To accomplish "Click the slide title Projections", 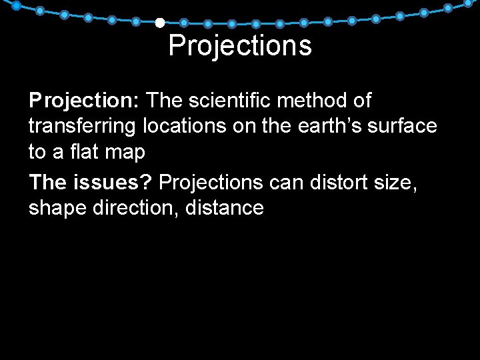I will pyautogui.click(x=240, y=46).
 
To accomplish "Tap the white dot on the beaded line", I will pyautogui.click(x=160, y=23).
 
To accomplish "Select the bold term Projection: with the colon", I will pyautogui.click(x=83, y=101).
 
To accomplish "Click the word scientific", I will pyautogui.click(x=229, y=101).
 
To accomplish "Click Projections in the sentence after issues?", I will pyautogui.click(x=211, y=182).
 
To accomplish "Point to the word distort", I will pyautogui.click(x=339, y=181).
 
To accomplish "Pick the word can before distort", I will pyautogui.click(x=287, y=182).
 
